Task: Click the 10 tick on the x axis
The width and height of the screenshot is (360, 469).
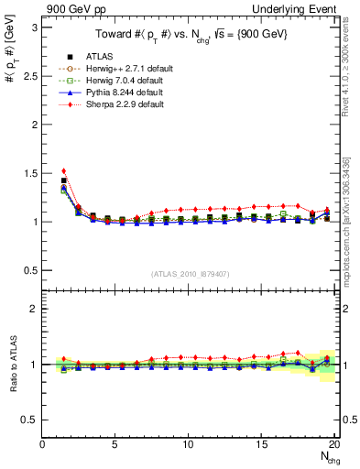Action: tap(188, 445)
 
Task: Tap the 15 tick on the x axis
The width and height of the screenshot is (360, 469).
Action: tap(260, 445)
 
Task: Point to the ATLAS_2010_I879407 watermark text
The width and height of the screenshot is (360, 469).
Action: tap(190, 274)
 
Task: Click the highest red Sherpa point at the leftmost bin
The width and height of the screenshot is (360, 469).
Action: tap(64, 170)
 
